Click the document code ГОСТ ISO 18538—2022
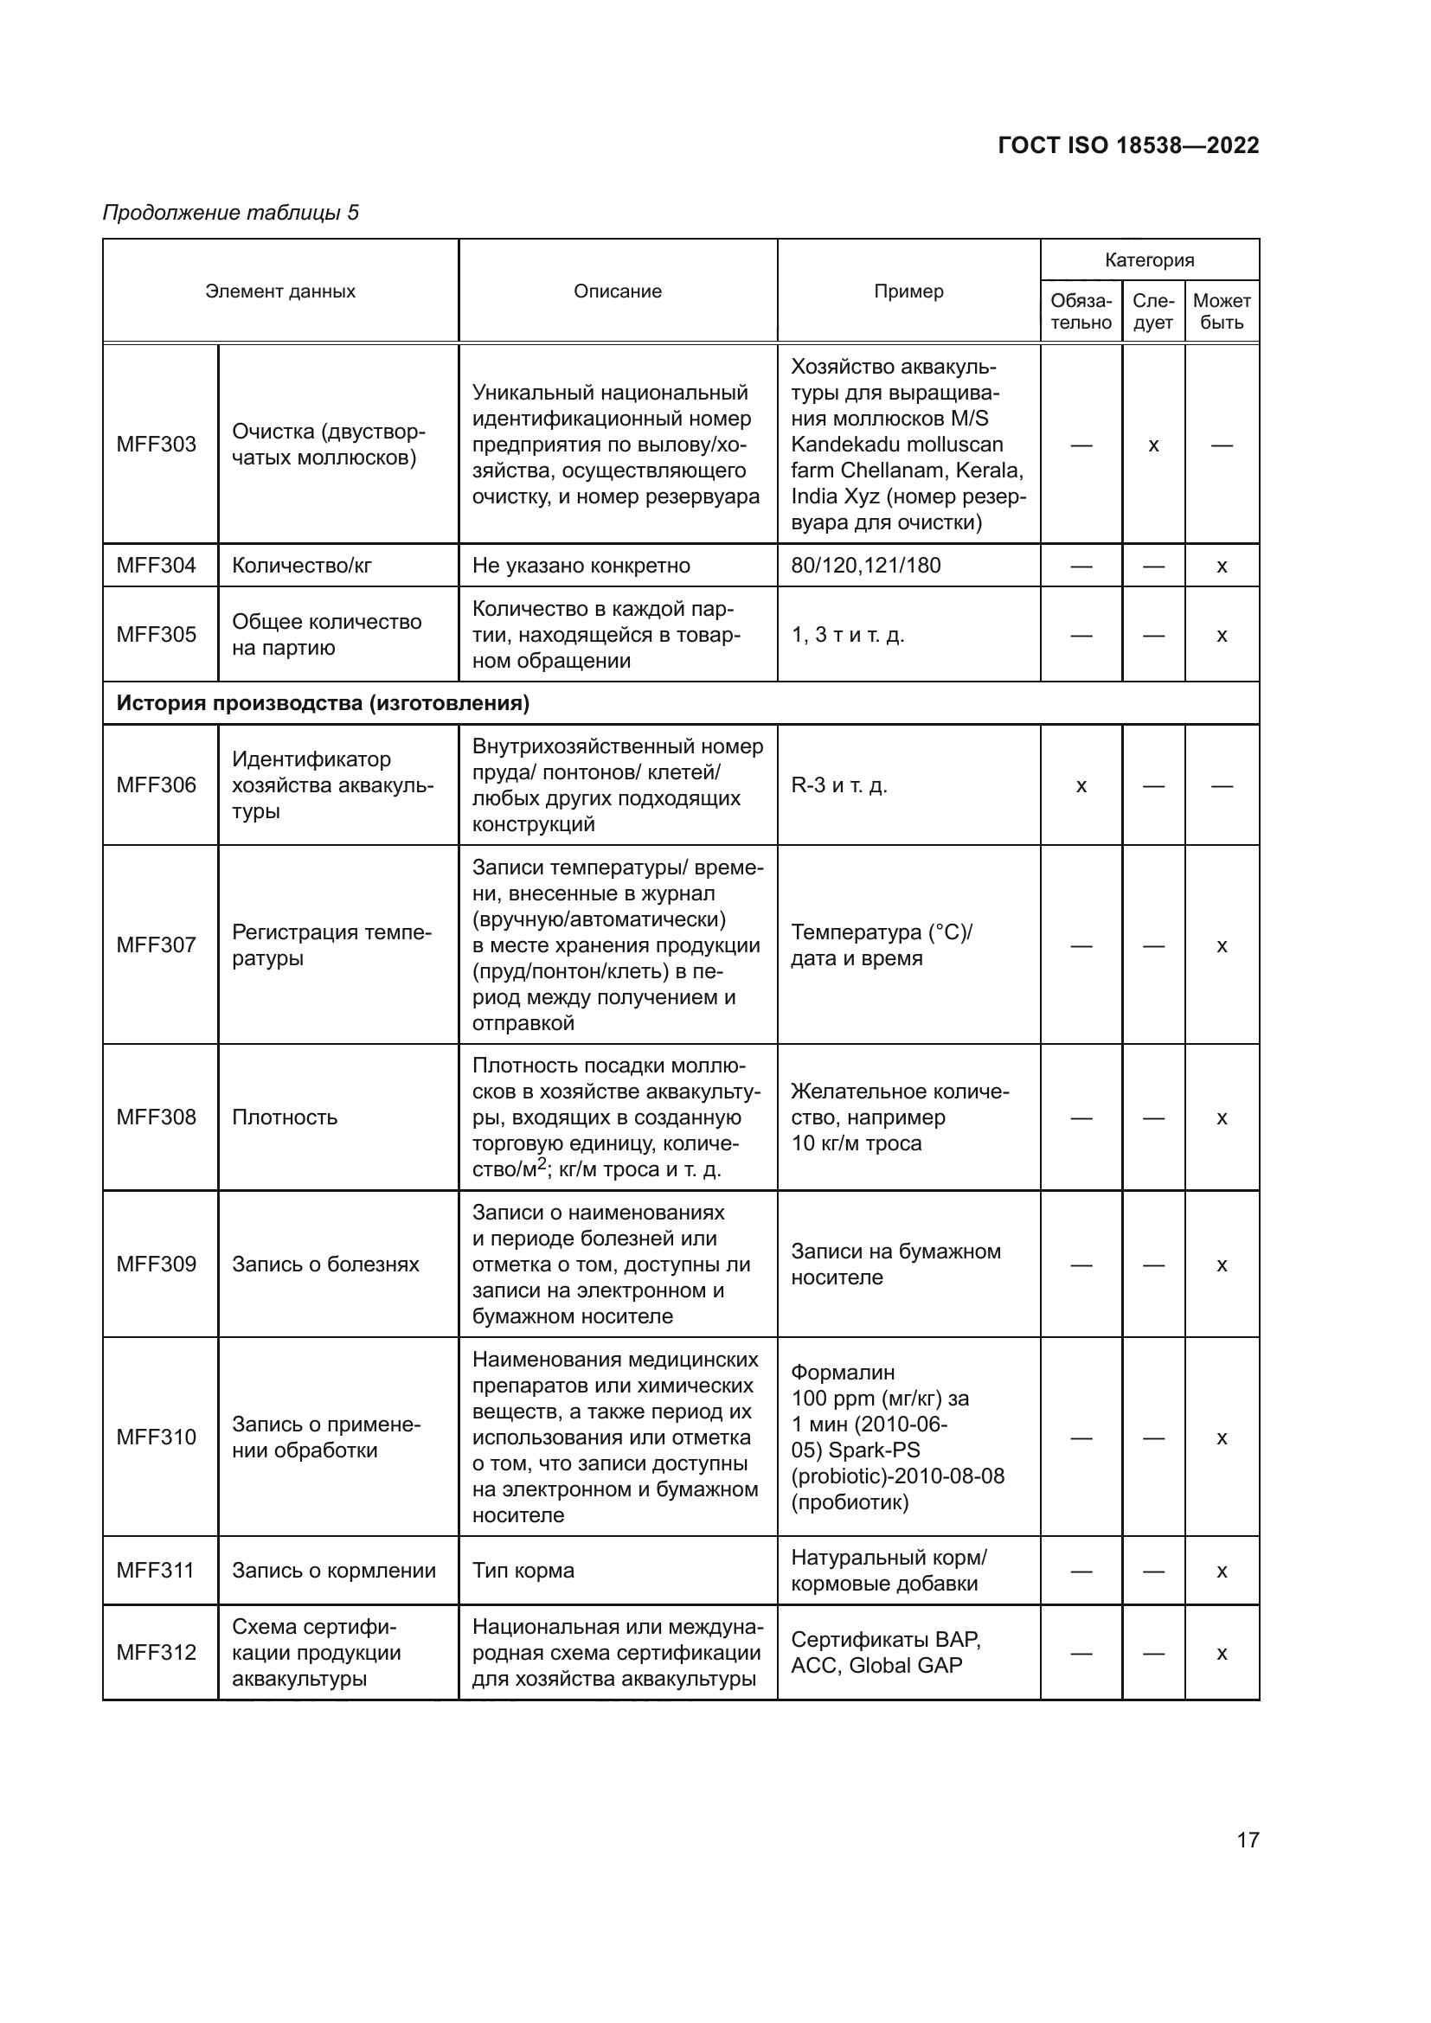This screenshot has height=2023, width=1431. tap(1128, 145)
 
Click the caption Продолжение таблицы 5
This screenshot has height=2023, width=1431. tap(231, 213)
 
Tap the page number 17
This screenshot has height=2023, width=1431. tap(1248, 1840)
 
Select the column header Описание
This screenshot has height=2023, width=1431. tap(617, 291)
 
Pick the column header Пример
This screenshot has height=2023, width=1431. tap(908, 291)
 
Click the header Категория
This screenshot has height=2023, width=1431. tap(1149, 260)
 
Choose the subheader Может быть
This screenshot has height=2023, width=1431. tap(1222, 312)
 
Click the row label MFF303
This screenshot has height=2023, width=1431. tap(156, 444)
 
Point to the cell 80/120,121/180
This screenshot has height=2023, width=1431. tap(865, 566)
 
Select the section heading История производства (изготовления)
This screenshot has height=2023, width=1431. tap(323, 703)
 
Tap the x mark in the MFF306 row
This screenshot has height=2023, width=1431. tap(1081, 786)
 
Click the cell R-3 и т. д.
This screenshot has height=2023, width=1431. tap(839, 785)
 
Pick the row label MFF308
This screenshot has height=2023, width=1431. tap(156, 1117)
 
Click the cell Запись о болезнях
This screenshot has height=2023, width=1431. tap(325, 1264)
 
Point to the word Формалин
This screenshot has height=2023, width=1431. tap(843, 1372)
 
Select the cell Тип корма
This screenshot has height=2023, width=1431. tap(523, 1570)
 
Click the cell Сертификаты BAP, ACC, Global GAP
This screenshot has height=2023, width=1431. tap(886, 1652)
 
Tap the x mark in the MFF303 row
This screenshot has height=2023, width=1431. tap(1153, 445)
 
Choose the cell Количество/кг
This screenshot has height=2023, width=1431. tap(301, 566)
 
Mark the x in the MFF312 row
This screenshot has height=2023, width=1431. tap(1222, 1654)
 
